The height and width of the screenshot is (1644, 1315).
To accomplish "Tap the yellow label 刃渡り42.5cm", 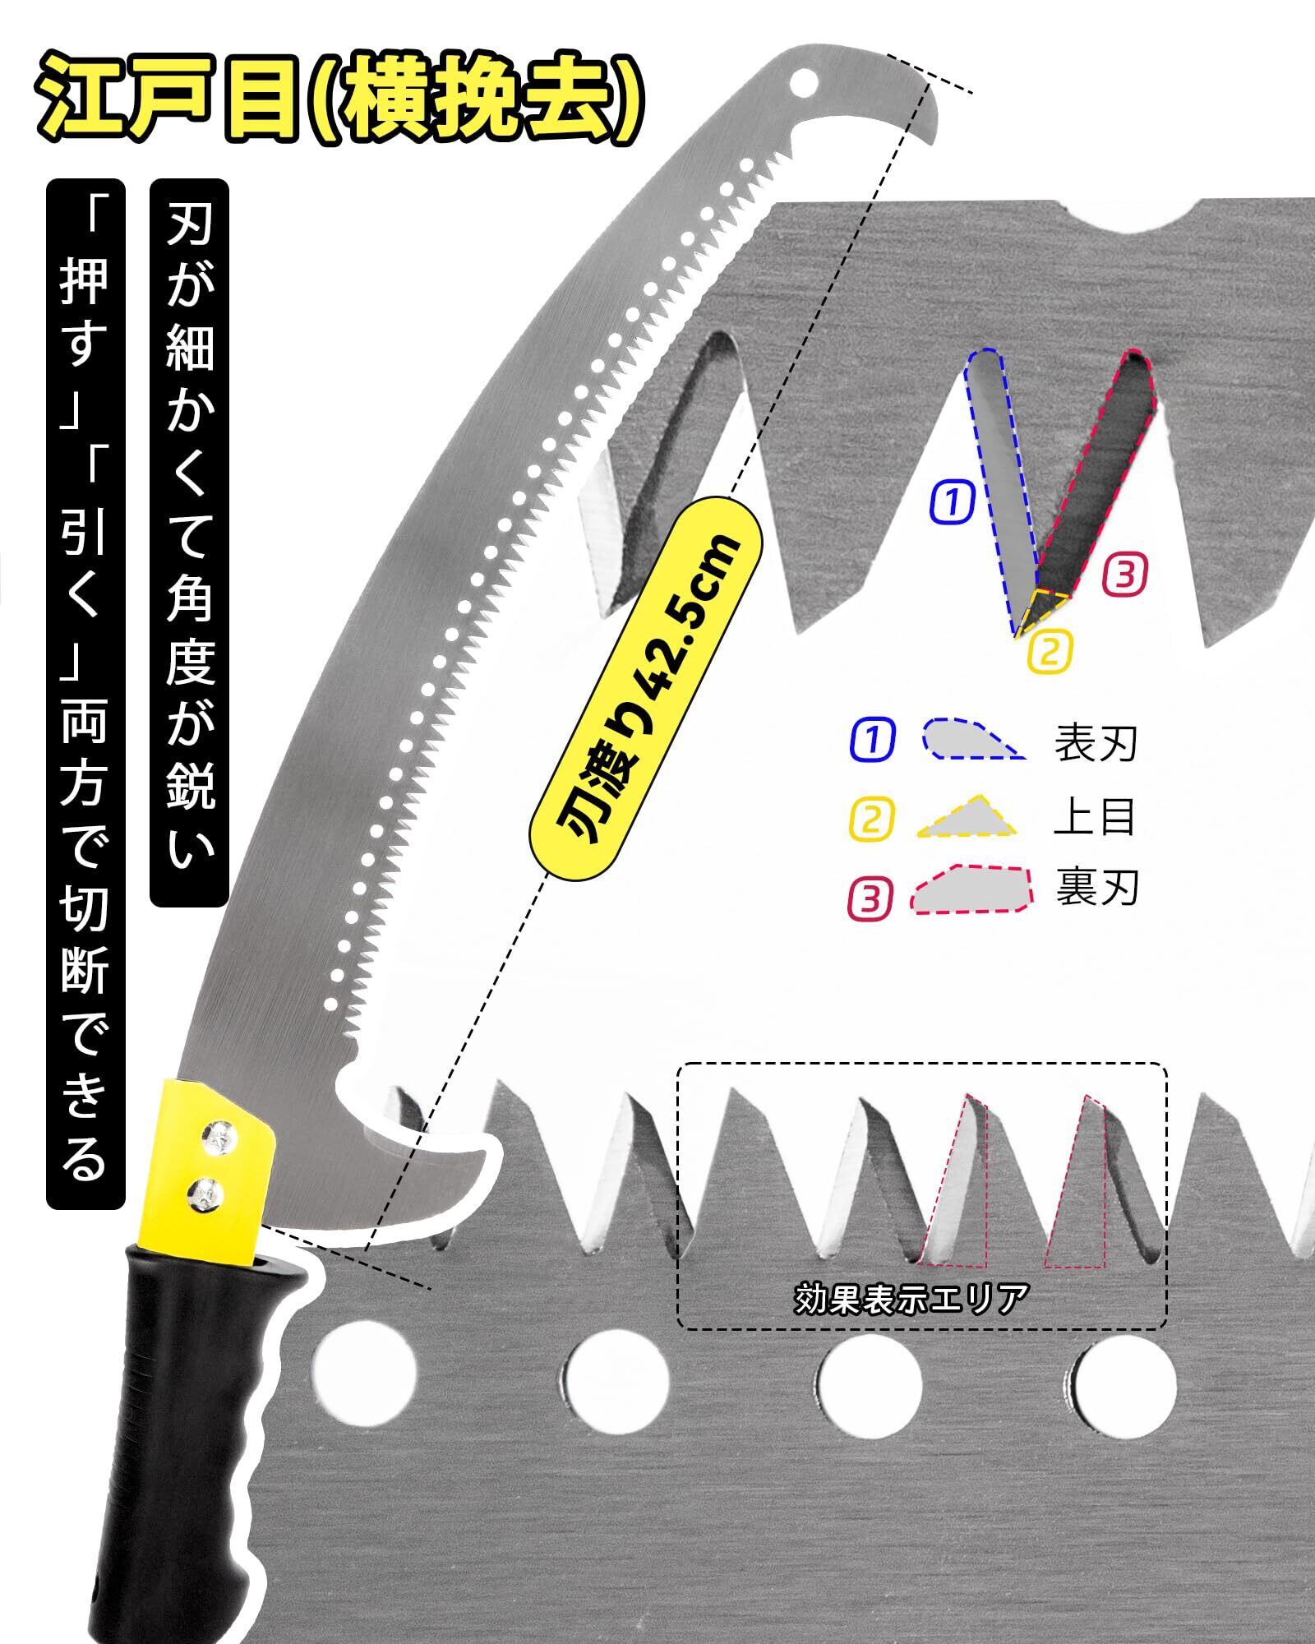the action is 649,693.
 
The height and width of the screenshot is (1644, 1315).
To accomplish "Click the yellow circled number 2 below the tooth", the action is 1050,651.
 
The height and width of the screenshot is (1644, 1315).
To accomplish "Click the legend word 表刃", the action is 1096,742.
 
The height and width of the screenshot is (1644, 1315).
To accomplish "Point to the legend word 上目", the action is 1095,815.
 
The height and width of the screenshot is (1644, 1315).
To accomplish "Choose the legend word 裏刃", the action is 1096,888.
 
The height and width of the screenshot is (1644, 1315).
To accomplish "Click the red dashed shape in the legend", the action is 970,889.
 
